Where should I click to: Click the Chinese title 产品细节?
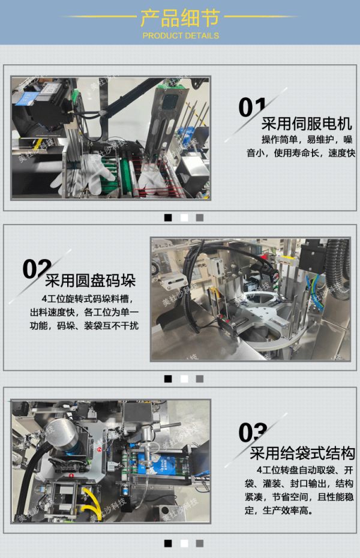click(x=181, y=18)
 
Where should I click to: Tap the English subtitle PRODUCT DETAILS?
click(x=181, y=35)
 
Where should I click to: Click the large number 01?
click(x=252, y=107)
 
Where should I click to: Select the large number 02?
click(x=36, y=269)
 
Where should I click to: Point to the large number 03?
click(x=253, y=433)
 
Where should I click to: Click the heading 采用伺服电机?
click(x=307, y=124)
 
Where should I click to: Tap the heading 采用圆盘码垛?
click(x=91, y=280)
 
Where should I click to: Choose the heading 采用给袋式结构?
click(x=302, y=453)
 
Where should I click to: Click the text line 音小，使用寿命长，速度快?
click(x=301, y=153)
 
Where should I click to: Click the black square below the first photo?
click(x=168, y=217)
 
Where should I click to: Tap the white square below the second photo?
click(x=184, y=379)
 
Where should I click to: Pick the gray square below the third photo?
click(x=200, y=544)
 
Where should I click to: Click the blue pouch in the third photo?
click(x=157, y=464)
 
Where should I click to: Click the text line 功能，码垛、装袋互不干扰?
click(x=85, y=325)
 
